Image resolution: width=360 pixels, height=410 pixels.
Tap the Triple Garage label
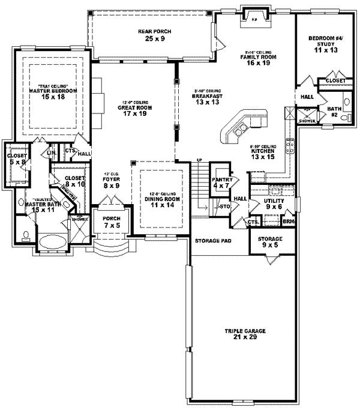[x=242, y=334]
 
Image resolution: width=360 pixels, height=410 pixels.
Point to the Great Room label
[x=129, y=109]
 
